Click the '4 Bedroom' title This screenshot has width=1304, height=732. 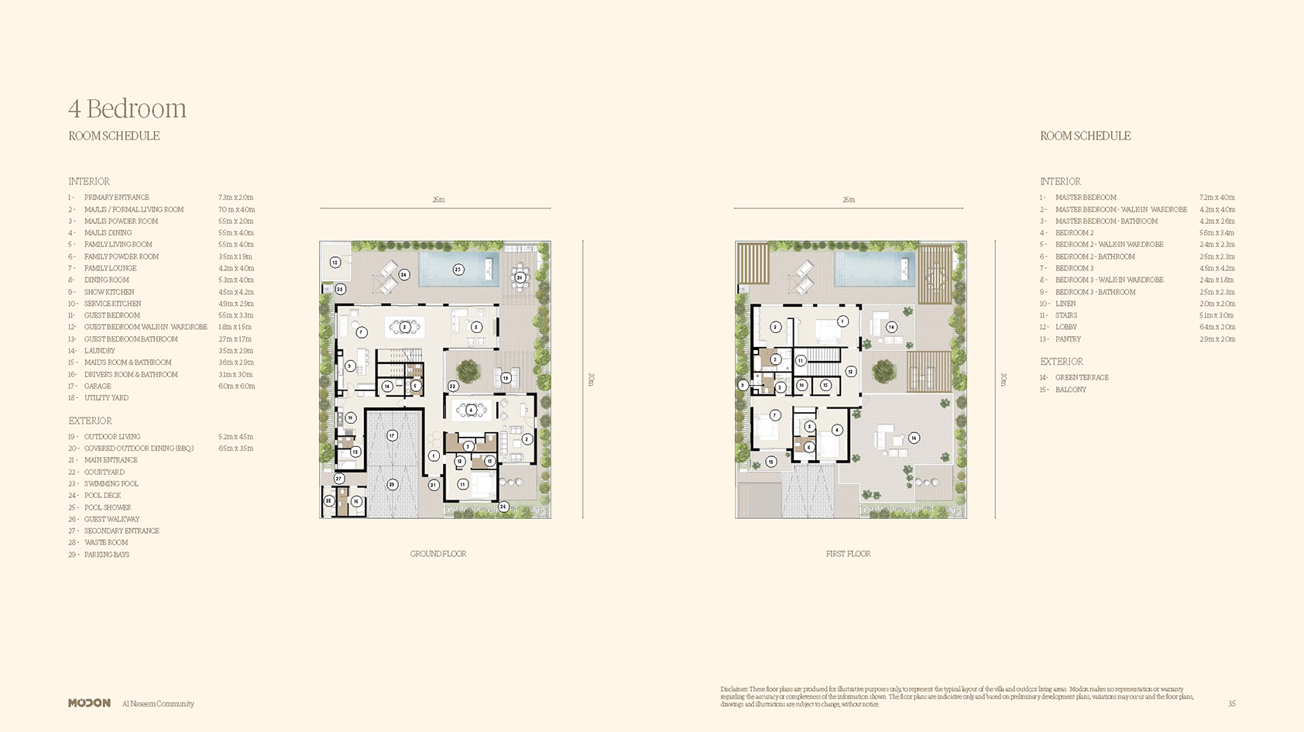pyautogui.click(x=127, y=108)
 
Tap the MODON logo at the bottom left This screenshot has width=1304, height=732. pyautogui.click(x=89, y=703)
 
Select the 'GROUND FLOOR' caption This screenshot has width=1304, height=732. pyautogui.click(x=438, y=554)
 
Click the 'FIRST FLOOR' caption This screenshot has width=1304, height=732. pyautogui.click(x=848, y=554)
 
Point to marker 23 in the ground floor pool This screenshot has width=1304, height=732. pyautogui.click(x=458, y=270)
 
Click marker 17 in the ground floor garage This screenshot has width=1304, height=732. pyautogui.click(x=392, y=435)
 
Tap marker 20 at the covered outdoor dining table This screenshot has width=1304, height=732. pyautogui.click(x=520, y=277)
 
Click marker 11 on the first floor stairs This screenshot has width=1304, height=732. pyautogui.click(x=801, y=360)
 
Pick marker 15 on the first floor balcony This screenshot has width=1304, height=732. pyautogui.click(x=770, y=462)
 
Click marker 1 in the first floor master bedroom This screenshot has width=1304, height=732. pyautogui.click(x=842, y=321)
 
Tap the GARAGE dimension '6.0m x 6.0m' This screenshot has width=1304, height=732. pyautogui.click(x=236, y=386)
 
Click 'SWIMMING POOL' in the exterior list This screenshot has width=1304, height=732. pyautogui.click(x=111, y=483)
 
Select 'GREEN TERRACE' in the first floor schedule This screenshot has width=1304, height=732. pyautogui.click(x=1082, y=377)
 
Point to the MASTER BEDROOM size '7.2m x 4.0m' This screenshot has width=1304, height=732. pyautogui.click(x=1216, y=198)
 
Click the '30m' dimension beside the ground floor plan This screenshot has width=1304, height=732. pyautogui.click(x=591, y=379)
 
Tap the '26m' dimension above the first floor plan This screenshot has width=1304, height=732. pyautogui.click(x=849, y=200)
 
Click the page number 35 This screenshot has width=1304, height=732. pyautogui.click(x=1231, y=703)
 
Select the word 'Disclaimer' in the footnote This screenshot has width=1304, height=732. pyautogui.click(x=733, y=689)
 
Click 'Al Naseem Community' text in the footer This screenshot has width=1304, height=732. pyautogui.click(x=158, y=703)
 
